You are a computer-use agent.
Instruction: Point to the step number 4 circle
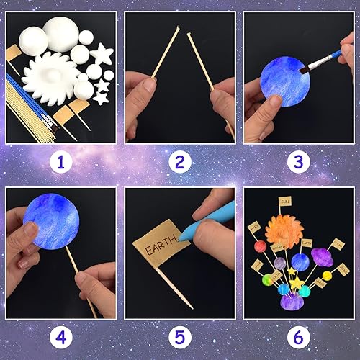(60, 336)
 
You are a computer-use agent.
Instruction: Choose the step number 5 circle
(179, 336)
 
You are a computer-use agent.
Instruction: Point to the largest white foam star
(102, 53)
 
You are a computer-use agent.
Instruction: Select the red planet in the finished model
(260, 247)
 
